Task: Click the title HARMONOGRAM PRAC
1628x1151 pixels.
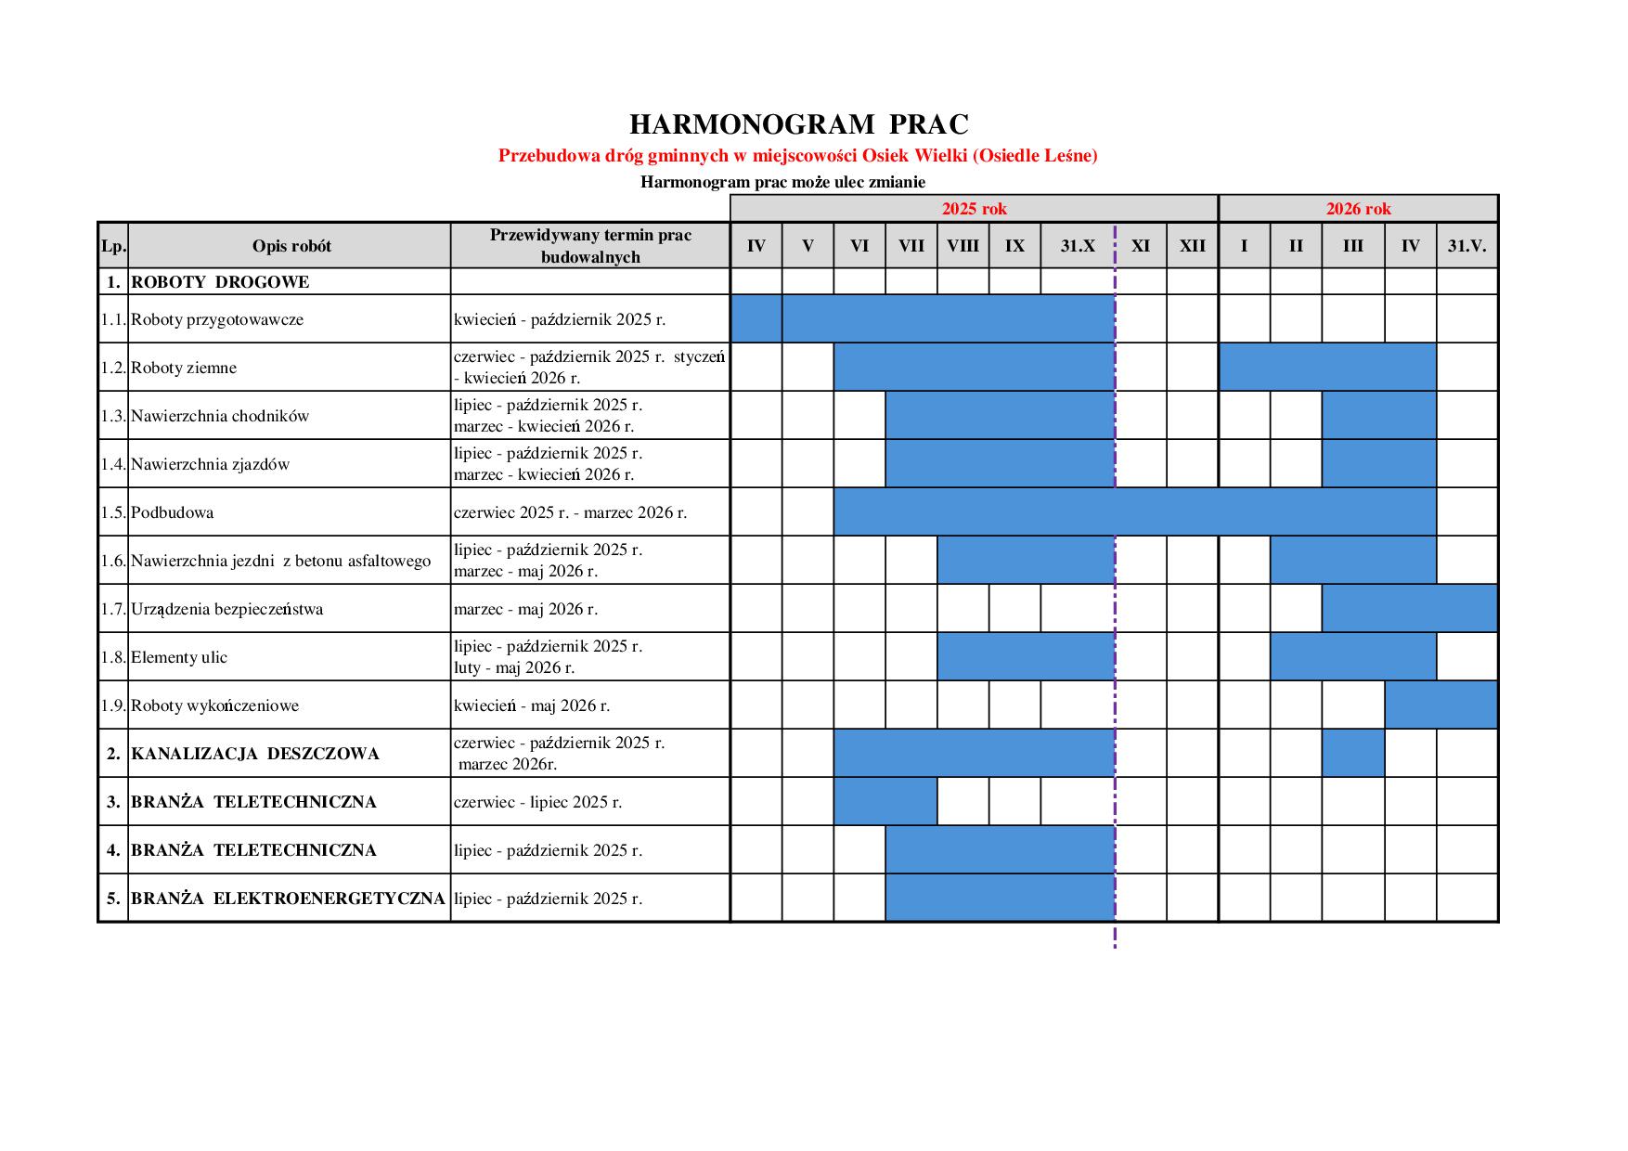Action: (x=798, y=124)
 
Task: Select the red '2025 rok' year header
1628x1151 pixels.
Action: (x=974, y=209)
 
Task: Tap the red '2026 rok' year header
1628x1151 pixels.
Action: (x=1358, y=209)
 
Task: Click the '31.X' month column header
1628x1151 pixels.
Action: (x=1078, y=246)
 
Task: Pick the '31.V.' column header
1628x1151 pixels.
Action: (x=1466, y=246)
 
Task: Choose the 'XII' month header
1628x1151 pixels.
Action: (x=1192, y=246)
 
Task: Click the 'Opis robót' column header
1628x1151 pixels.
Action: (x=291, y=246)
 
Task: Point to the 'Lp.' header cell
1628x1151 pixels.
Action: (x=113, y=246)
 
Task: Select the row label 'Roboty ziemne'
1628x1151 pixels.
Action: (x=184, y=368)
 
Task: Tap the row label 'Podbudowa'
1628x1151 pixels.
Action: (x=172, y=512)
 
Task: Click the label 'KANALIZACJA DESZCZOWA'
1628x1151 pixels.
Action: (x=255, y=754)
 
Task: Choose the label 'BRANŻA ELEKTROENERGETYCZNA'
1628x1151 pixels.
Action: (x=288, y=899)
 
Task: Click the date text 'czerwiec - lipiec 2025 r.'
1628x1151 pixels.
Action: (x=537, y=802)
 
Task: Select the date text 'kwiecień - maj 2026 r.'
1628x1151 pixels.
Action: (x=532, y=705)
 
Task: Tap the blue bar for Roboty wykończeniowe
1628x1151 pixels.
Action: (x=1441, y=705)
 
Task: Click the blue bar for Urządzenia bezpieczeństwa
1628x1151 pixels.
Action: (x=1409, y=608)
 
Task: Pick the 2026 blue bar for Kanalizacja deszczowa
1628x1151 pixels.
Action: (x=1352, y=753)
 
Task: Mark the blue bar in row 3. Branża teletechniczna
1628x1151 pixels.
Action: (x=885, y=801)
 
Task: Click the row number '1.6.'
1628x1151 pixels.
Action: (x=113, y=561)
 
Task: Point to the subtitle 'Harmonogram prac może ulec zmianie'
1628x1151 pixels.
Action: (x=782, y=182)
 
